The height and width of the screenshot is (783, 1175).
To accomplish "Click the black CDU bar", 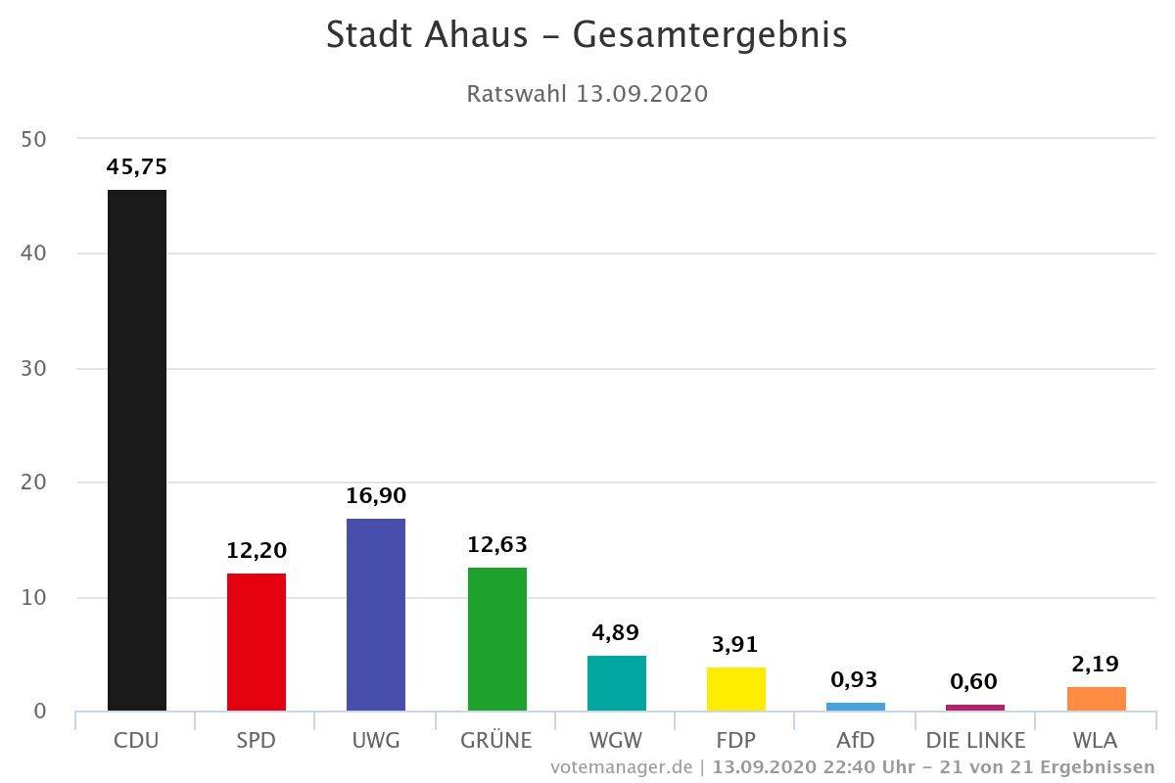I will [137, 450].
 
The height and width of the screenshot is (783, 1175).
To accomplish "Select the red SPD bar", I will [257, 642].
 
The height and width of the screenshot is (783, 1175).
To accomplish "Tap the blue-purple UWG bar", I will [376, 615].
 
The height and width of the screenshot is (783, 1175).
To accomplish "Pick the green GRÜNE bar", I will [497, 639].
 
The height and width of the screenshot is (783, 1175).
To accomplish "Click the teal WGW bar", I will [617, 683].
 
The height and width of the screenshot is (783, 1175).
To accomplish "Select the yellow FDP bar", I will [736, 689].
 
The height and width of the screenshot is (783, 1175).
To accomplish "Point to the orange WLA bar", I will [1097, 699].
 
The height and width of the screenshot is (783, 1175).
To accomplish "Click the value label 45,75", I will [137, 167].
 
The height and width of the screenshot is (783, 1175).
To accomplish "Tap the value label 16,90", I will [376, 496].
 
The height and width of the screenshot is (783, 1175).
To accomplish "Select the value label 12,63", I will [497, 544].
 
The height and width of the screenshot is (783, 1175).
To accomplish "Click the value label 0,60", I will [974, 682].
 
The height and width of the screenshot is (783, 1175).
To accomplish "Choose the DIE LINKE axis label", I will [975, 740].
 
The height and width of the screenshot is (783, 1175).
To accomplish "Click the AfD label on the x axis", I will [856, 740].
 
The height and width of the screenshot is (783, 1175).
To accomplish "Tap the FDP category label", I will [736, 740].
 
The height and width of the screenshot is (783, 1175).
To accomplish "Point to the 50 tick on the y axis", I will [34, 139].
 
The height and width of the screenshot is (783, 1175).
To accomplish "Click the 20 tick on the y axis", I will [34, 483].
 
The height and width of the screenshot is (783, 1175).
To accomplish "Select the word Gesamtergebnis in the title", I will [710, 35].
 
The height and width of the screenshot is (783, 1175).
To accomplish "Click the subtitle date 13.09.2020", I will [642, 94].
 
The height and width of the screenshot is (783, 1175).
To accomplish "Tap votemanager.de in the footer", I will [622, 766].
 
